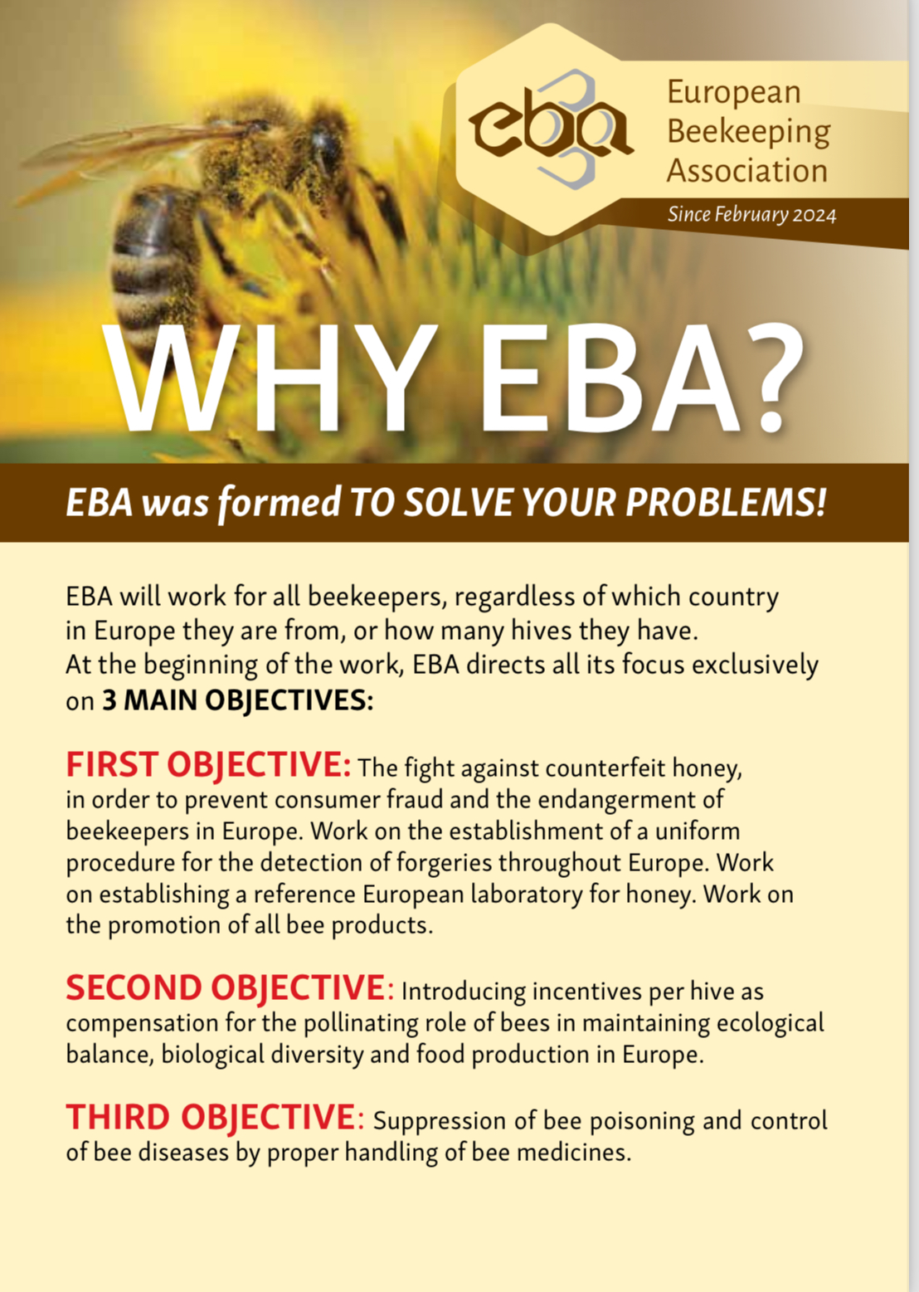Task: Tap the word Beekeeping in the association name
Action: [x=748, y=131]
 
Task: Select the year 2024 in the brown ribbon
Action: [x=814, y=215]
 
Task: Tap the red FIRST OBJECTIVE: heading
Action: [x=208, y=764]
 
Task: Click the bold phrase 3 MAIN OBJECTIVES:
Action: [x=237, y=700]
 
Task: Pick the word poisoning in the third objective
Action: [x=642, y=1120]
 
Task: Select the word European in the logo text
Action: [x=734, y=92]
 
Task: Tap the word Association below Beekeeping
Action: [x=747, y=171]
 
